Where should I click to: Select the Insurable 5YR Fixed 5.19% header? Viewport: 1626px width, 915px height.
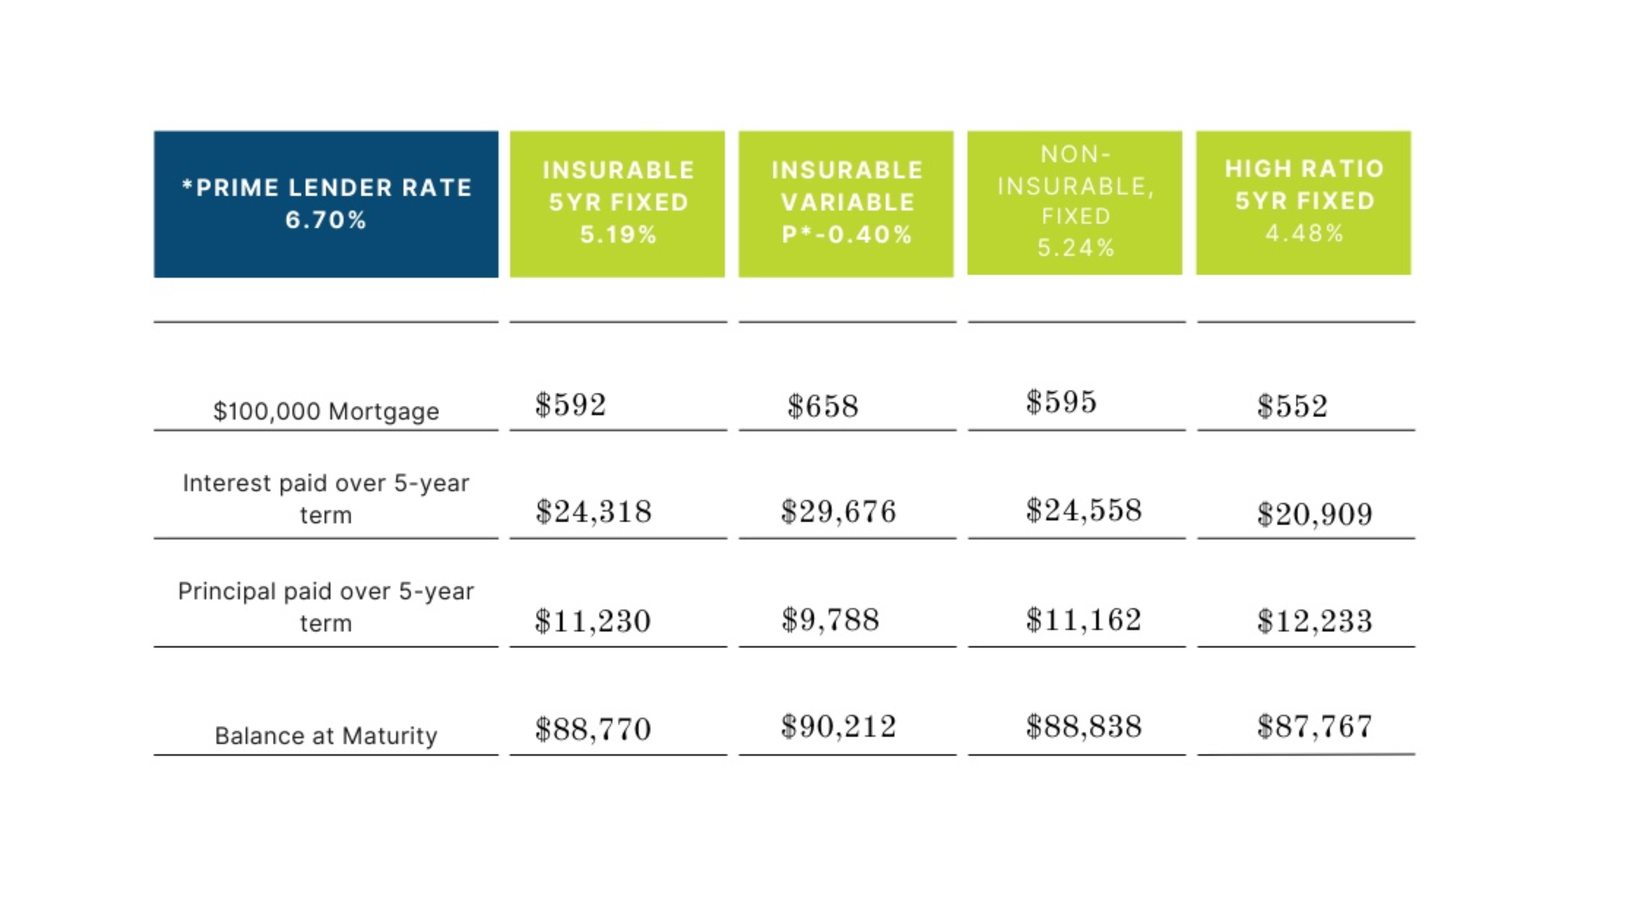point(617,203)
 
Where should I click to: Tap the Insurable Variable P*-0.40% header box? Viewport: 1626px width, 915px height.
point(846,203)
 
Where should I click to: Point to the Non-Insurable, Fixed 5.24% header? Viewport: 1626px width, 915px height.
point(1074,202)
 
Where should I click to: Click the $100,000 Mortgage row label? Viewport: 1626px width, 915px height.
point(326,411)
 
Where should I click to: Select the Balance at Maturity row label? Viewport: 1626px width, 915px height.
point(326,736)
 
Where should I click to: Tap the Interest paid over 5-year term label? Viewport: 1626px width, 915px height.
point(326,499)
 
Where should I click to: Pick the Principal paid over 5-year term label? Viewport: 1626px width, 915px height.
point(326,607)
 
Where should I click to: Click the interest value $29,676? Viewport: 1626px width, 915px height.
point(838,511)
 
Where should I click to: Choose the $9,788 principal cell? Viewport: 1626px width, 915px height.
point(830,619)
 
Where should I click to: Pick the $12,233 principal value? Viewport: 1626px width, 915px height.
point(1314,621)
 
